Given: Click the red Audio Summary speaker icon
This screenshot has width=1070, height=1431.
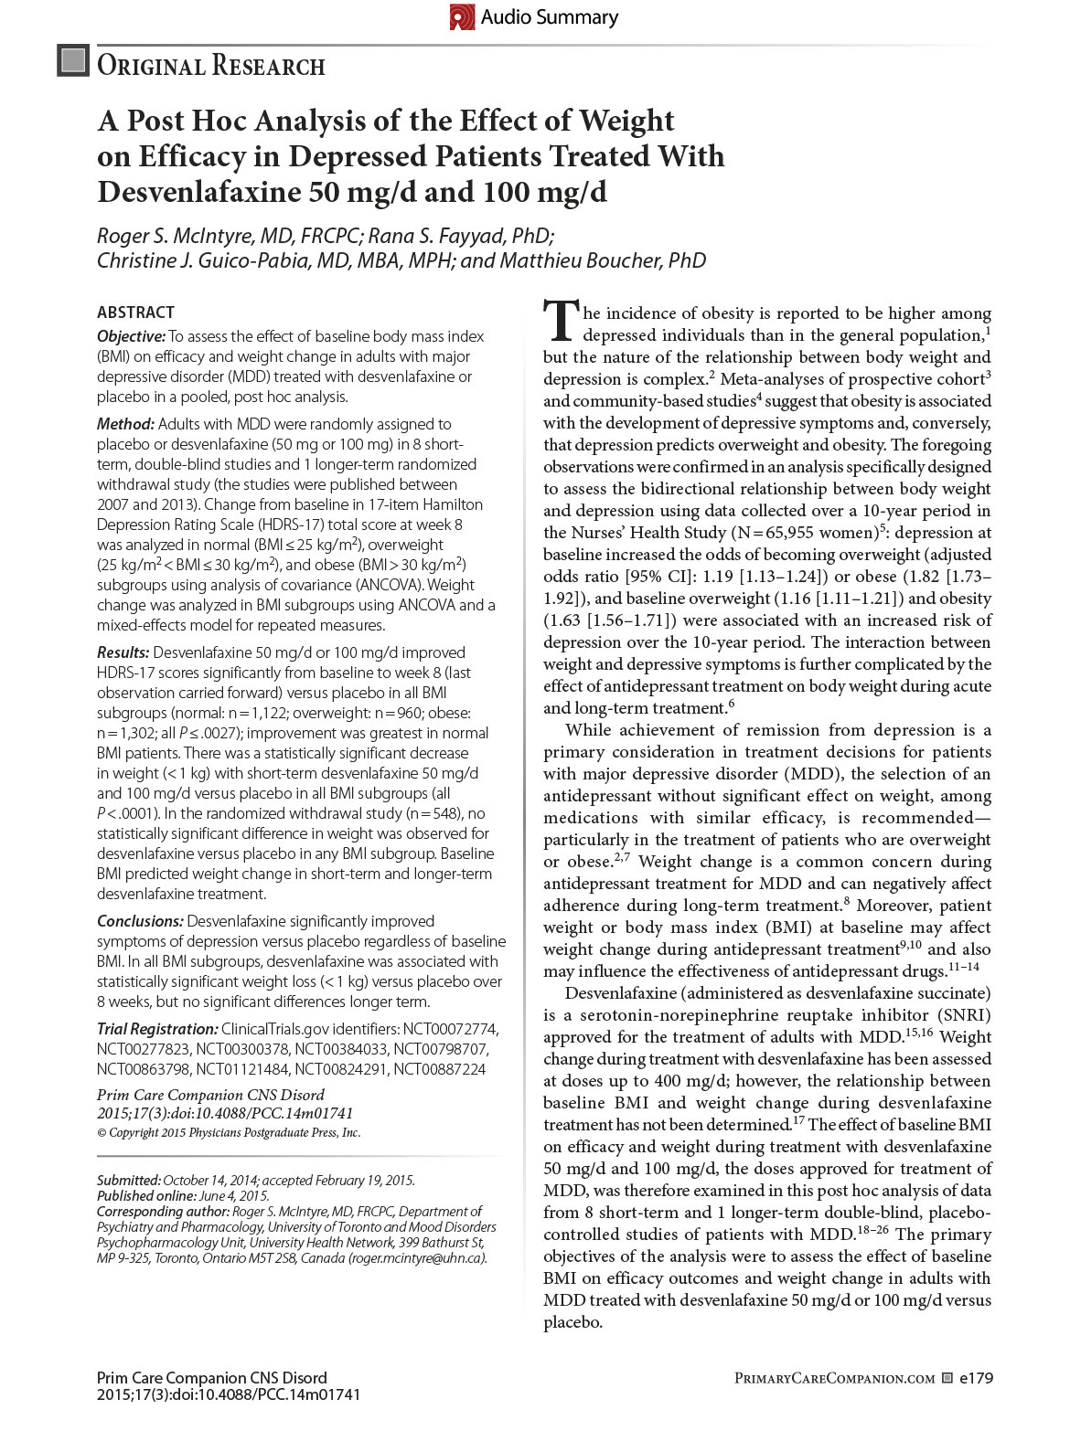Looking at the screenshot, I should (462, 17).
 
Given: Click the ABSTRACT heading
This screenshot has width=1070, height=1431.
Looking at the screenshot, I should (135, 313).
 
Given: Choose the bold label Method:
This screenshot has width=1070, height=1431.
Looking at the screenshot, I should (125, 424).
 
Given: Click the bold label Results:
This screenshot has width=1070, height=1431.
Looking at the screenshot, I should (123, 652).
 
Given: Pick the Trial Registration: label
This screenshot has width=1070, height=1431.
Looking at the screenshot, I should (157, 1029).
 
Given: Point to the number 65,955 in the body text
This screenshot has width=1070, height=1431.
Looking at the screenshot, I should (791, 533).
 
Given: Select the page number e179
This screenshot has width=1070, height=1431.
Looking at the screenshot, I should (976, 1378).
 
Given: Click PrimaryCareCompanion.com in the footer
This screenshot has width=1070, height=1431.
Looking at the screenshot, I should (834, 1379).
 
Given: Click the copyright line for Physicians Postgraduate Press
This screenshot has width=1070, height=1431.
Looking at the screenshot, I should (229, 1133).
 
